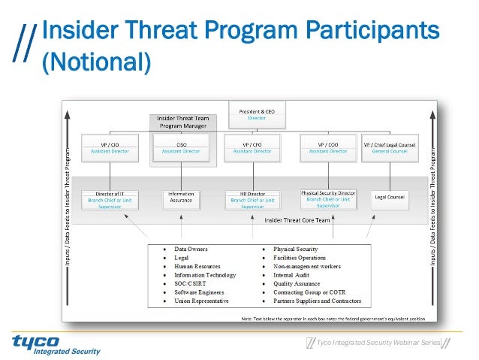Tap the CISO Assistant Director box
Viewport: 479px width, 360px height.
coord(182,147)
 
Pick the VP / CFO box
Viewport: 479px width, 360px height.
coord(252,147)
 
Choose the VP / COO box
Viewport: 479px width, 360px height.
coord(327,147)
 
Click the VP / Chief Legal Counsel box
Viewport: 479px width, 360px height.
coord(390,147)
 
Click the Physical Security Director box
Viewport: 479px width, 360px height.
coord(328,198)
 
